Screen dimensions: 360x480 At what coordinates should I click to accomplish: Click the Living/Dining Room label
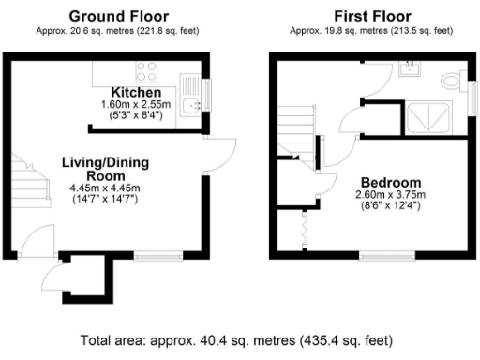coord(104,169)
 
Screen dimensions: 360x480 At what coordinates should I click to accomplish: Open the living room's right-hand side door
coord(218,155)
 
